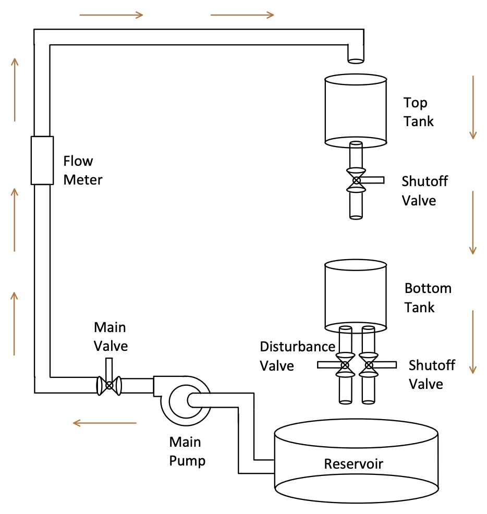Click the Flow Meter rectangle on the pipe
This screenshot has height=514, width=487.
[x=42, y=160]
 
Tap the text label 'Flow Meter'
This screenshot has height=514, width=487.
[x=83, y=170]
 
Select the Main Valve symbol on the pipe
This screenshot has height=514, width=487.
[x=109, y=385]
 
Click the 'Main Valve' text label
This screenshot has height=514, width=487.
[x=110, y=336]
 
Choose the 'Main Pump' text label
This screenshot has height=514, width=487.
[x=187, y=451]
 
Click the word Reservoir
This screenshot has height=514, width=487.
[x=354, y=464]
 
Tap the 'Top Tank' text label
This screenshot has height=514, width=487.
[x=418, y=112]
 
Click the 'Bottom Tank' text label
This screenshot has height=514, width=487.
[x=428, y=298]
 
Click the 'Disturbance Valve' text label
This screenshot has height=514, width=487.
[x=297, y=356]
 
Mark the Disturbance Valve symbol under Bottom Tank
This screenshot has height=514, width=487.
[x=344, y=365]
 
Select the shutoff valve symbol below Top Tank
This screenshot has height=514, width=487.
[x=356, y=180]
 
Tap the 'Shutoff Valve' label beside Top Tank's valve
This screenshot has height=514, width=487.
[x=424, y=191]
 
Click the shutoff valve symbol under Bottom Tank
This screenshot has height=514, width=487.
[x=369, y=365]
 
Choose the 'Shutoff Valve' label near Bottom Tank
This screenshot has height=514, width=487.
[x=431, y=374]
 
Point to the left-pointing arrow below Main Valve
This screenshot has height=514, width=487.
[x=104, y=423]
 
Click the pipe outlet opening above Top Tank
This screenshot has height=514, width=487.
[x=356, y=60]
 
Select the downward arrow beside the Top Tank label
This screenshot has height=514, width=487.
[x=472, y=107]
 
